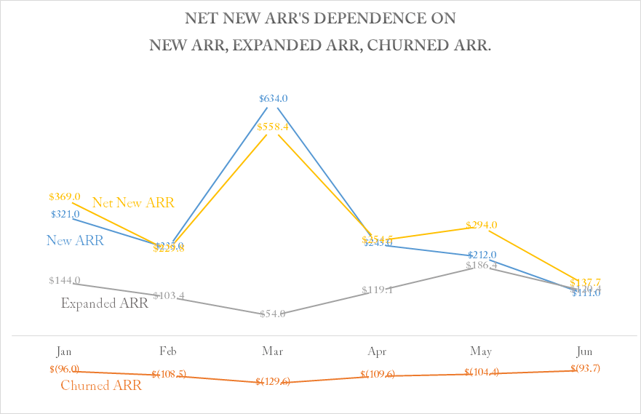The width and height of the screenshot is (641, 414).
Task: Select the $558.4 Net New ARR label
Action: point(273,127)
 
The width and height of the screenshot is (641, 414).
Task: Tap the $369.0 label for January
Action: point(64,196)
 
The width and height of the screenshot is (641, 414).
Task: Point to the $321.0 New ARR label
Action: point(65,214)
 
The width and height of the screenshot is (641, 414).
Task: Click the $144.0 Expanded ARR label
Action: point(64,280)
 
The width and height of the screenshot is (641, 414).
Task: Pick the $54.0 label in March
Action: point(273,314)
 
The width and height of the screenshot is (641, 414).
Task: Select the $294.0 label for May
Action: point(482,225)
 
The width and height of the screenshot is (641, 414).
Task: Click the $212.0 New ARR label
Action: point(482,255)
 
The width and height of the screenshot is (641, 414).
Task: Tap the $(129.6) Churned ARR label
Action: point(273,381)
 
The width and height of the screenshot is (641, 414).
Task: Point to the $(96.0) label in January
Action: point(64,369)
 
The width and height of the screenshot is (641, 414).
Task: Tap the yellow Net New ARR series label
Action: point(133,202)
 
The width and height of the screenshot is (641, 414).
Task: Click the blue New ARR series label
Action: point(75,240)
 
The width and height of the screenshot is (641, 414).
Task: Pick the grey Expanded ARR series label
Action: point(104,303)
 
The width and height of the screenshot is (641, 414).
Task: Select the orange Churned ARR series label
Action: point(101,386)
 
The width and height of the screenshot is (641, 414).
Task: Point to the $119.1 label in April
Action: point(377,290)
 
